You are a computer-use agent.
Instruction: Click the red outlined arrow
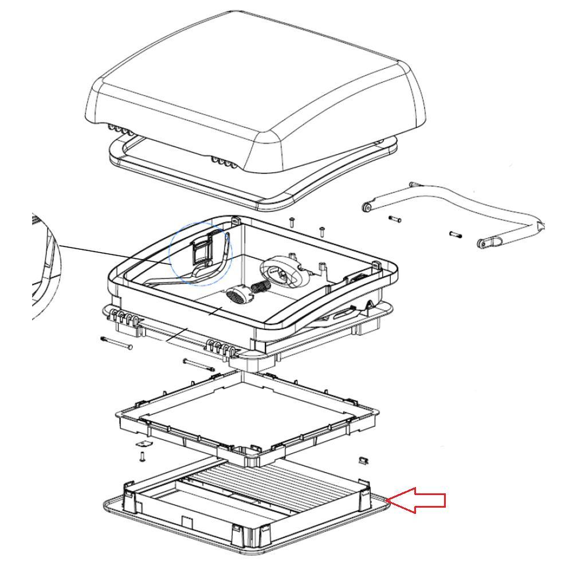coord(417,500)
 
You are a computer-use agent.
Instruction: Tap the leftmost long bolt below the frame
coord(116,343)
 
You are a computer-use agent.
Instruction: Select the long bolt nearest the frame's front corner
coord(198,364)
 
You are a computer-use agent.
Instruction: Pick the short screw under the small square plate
coord(142,457)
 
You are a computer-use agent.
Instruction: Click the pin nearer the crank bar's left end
coord(394,219)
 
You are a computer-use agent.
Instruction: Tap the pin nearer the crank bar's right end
coord(455,234)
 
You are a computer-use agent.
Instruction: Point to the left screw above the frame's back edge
coord(291,222)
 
